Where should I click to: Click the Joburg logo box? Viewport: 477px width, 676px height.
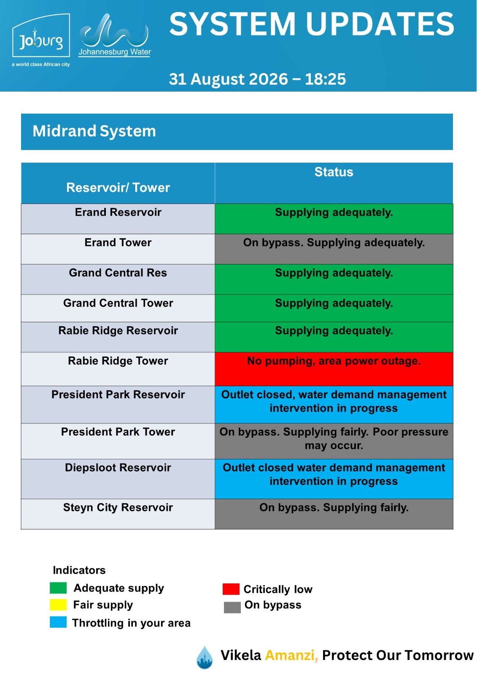click(x=41, y=35)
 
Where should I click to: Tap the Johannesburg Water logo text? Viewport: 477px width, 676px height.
click(x=114, y=52)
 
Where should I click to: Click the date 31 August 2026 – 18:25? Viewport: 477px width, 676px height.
click(x=257, y=79)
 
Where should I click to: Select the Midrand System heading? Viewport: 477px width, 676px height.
click(x=94, y=131)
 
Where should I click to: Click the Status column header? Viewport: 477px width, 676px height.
click(x=334, y=172)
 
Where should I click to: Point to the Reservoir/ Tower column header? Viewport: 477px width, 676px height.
click(x=118, y=188)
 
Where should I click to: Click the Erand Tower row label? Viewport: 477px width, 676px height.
click(x=118, y=243)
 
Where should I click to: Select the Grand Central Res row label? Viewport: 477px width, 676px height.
click(x=118, y=273)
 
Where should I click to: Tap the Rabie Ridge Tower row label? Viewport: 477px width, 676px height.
click(x=118, y=361)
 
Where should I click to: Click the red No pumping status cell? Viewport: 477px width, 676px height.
click(x=334, y=369)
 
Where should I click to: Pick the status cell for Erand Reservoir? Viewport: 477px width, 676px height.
click(x=334, y=219)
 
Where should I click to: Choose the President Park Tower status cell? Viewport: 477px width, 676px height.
click(x=334, y=441)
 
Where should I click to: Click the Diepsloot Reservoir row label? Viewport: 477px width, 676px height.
click(x=118, y=468)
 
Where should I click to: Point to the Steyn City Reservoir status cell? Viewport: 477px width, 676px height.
click(x=334, y=514)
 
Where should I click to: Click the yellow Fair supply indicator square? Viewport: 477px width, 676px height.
click(x=58, y=605)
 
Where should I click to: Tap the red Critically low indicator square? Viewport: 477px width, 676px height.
click(x=231, y=589)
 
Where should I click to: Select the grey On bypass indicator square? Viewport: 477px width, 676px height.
click(x=232, y=607)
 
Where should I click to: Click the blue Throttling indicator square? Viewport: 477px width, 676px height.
click(x=58, y=622)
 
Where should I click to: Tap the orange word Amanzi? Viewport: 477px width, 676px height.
click(x=291, y=655)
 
